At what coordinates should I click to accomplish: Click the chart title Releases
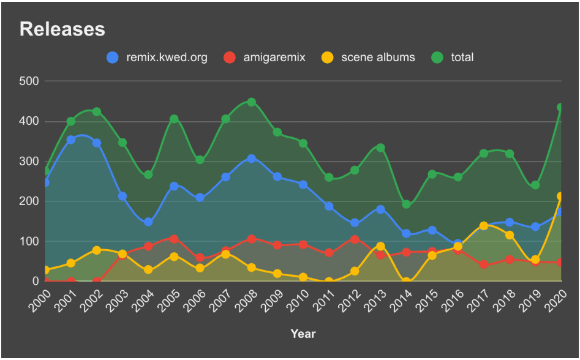tap(62, 29)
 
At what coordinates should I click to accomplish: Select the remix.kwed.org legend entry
tap(157, 58)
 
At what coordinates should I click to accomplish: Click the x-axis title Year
tap(303, 334)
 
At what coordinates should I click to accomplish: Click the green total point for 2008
tap(252, 102)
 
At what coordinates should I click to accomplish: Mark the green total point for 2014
tap(406, 204)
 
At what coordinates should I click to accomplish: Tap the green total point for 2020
tap(561, 107)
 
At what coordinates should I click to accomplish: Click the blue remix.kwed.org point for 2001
tap(71, 140)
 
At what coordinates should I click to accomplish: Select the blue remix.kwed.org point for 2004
tap(148, 222)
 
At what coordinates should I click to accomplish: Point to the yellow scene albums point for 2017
tap(484, 226)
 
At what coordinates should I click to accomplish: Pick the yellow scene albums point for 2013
tap(380, 246)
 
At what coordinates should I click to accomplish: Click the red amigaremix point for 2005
tap(174, 239)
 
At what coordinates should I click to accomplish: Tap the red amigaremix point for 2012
tap(355, 239)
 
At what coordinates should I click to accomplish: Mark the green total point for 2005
tap(174, 119)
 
